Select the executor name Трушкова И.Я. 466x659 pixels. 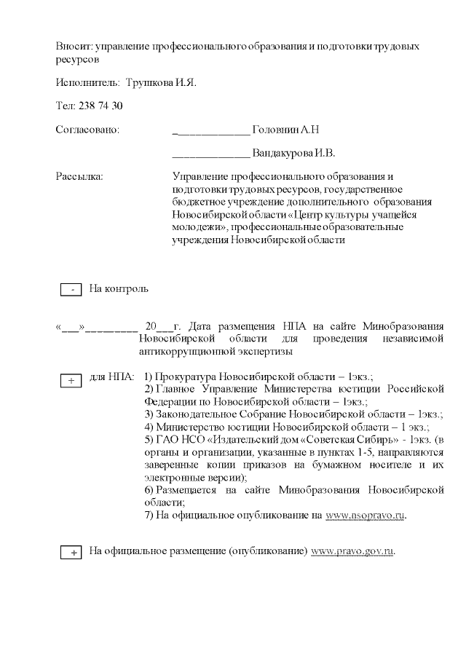pyautogui.click(x=160, y=82)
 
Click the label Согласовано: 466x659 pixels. pyautogui.click(x=87, y=130)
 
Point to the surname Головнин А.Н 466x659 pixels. pyautogui.click(x=285, y=130)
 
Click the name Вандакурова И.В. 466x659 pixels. pyautogui.click(x=293, y=154)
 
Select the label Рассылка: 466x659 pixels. pyautogui.click(x=79, y=176)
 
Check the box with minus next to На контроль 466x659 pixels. pyautogui.click(x=71, y=290)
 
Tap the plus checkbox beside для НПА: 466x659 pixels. pyautogui.click(x=71, y=380)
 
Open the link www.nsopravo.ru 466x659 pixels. pyautogui.click(x=365, y=516)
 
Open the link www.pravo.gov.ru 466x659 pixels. pyautogui.click(x=352, y=551)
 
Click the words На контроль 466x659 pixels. pyautogui.click(x=119, y=289)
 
